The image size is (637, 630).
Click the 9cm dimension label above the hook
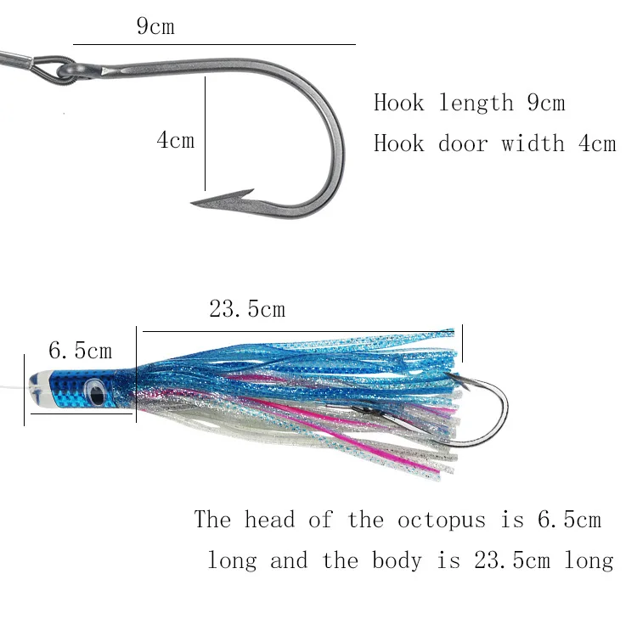pyautogui.click(x=155, y=26)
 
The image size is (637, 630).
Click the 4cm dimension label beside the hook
pyautogui.click(x=175, y=139)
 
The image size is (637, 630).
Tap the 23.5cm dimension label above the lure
pyautogui.click(x=247, y=309)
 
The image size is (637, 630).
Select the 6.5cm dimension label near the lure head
pyautogui.click(x=80, y=350)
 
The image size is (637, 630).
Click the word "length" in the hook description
pyautogui.click(x=476, y=104)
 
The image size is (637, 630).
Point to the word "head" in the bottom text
pyautogui.click(x=270, y=519)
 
